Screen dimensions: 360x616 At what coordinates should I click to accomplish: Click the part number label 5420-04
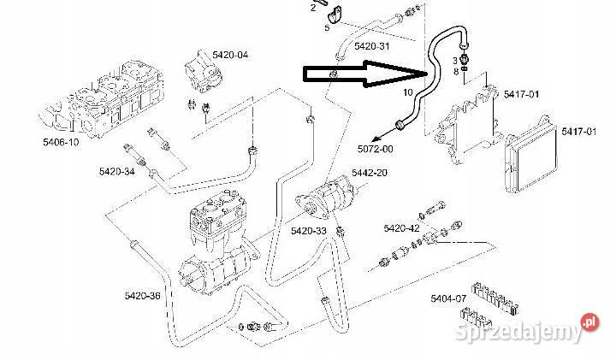coord(230,54)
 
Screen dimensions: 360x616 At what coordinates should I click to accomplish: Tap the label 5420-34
coord(116,172)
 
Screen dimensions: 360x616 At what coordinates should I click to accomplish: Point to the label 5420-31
coord(371,45)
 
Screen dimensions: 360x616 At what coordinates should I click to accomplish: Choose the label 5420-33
coord(308,231)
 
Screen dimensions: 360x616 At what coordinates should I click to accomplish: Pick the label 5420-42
coord(401,228)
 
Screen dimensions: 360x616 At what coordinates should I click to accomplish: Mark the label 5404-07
coord(448,298)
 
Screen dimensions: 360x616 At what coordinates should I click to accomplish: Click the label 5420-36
coord(142,296)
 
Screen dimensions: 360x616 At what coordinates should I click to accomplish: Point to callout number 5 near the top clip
coord(326,27)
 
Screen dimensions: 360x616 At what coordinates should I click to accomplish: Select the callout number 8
coord(457,71)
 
